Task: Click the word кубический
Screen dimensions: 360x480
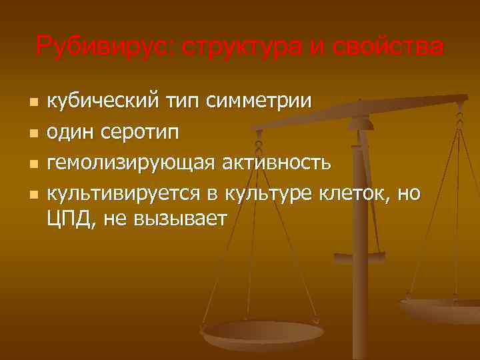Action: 101,103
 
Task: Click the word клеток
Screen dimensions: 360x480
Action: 354,194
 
